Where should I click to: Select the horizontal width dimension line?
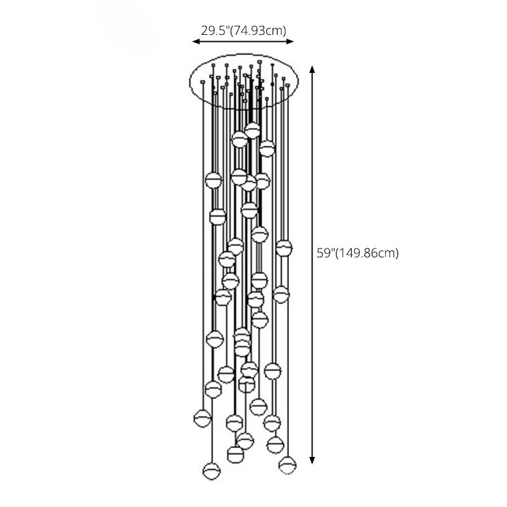[x=243, y=42]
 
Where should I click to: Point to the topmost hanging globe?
[x=252, y=131]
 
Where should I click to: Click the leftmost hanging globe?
[x=202, y=418]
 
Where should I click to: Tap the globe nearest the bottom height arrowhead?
[x=287, y=465]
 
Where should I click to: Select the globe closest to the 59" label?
[x=283, y=248]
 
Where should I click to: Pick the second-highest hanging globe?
[x=240, y=139]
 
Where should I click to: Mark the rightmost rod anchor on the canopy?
[x=287, y=85]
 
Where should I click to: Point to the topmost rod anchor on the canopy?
[x=259, y=62]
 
